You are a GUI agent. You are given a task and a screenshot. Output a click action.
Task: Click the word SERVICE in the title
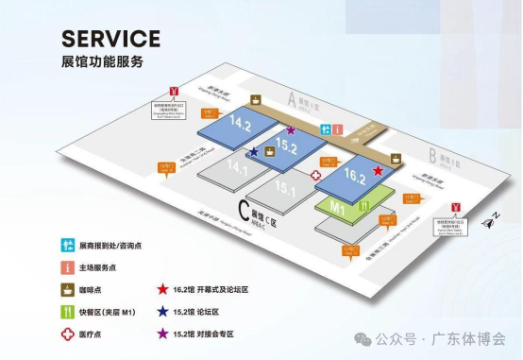pos(110,39)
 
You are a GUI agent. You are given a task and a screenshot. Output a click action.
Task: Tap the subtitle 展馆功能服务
pos(101,61)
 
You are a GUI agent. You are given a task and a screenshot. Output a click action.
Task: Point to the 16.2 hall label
pos(355,175)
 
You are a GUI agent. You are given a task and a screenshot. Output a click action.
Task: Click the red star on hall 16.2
pos(379,171)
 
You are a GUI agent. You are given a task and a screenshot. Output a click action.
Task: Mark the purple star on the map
pos(291,130)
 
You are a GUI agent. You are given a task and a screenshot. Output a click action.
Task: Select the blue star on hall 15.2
pos(255,152)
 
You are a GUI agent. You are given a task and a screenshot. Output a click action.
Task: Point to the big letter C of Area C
pos(245,210)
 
